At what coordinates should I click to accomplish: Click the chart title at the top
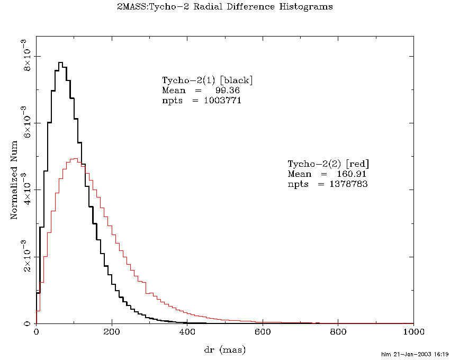pyautogui.click(x=224, y=7)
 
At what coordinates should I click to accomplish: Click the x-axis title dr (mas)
pyautogui.click(x=224, y=349)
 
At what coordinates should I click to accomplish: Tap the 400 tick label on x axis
pyautogui.click(x=187, y=332)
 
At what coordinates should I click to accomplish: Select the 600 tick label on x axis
pyautogui.click(x=263, y=332)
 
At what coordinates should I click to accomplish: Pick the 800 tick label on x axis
pyautogui.click(x=338, y=332)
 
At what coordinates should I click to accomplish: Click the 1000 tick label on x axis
pyautogui.click(x=413, y=332)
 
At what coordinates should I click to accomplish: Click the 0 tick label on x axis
pyautogui.click(x=36, y=332)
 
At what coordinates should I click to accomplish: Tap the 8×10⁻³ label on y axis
pyautogui.click(x=26, y=57)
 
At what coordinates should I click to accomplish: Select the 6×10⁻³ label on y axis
pyautogui.click(x=26, y=123)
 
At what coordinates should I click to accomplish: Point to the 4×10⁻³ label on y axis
pyautogui.click(x=26, y=190)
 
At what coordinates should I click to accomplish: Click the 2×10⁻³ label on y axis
pyautogui.click(x=26, y=257)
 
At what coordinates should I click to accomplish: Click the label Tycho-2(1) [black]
pyautogui.click(x=208, y=80)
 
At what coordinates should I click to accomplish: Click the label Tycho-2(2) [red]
pyautogui.click(x=328, y=163)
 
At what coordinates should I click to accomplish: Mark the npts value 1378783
pyautogui.click(x=346, y=184)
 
